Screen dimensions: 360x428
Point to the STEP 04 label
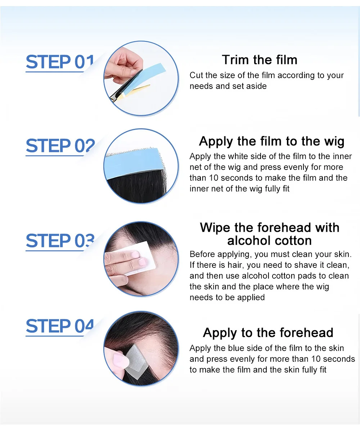coord(60,326)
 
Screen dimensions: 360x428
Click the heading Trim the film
coord(260,60)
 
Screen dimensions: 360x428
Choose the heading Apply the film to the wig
coord(271,142)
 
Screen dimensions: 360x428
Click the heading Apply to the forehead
coord(268,333)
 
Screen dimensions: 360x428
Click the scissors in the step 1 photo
coord(128,87)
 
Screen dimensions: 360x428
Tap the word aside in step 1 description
coord(257,86)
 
